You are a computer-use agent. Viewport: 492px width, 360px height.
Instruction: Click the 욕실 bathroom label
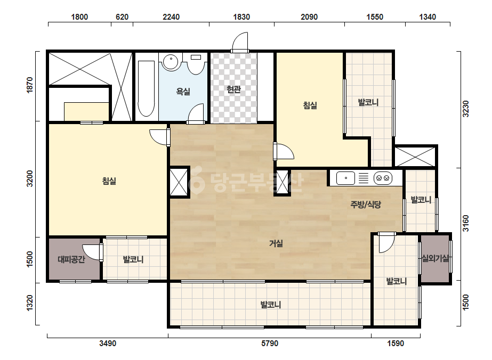(183, 92)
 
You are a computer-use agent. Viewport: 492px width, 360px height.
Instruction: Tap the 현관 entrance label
(234, 89)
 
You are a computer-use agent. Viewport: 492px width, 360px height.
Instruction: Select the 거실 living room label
(276, 243)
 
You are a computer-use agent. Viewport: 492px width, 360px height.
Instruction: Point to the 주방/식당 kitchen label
(366, 205)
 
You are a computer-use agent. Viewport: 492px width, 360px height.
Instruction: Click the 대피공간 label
(71, 259)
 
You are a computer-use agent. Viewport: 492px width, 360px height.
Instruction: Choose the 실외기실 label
(435, 258)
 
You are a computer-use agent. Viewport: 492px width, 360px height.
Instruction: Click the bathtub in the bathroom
(146, 88)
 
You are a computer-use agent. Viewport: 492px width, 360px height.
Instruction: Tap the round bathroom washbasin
(171, 61)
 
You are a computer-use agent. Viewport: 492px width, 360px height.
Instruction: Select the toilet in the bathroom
(196, 64)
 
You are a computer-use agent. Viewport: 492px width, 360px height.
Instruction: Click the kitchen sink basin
(345, 178)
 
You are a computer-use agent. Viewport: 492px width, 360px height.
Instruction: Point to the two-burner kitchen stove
(383, 178)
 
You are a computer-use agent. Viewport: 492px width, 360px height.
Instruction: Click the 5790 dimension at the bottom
(270, 343)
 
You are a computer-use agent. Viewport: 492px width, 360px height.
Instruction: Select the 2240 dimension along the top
(171, 17)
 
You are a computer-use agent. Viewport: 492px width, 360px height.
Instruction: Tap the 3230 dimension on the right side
(466, 109)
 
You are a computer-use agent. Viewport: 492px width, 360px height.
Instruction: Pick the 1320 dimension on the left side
(29, 303)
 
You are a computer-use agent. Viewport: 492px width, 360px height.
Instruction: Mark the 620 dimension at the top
(122, 17)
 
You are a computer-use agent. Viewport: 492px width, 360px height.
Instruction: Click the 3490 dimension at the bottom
(108, 343)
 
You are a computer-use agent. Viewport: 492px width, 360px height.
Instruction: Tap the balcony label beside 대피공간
(133, 259)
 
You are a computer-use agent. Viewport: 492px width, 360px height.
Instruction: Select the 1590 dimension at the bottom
(396, 343)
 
